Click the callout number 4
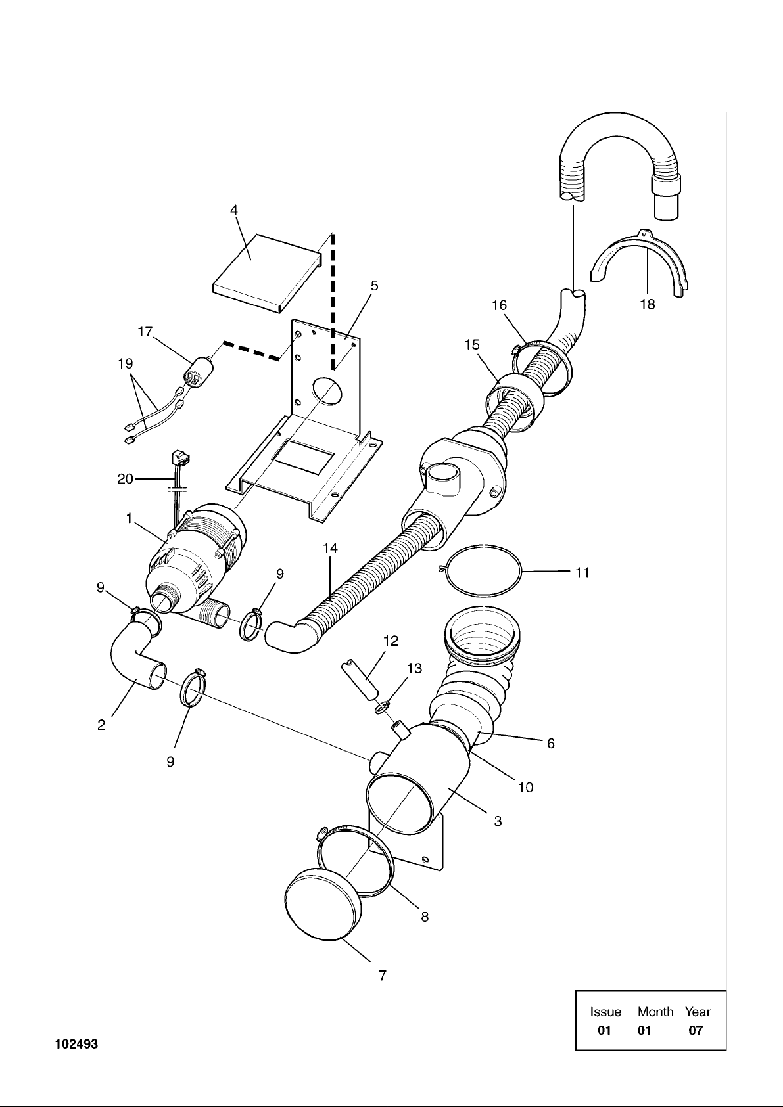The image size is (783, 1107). pyautogui.click(x=234, y=210)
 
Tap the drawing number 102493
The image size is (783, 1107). pyautogui.click(x=77, y=1044)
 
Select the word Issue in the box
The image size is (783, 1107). pyautogui.click(x=605, y=1012)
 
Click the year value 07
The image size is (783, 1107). pyautogui.click(x=696, y=1030)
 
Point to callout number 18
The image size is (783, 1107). pyautogui.click(x=648, y=304)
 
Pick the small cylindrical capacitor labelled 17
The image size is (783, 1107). pyautogui.click(x=201, y=371)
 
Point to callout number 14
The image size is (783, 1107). pyautogui.click(x=330, y=548)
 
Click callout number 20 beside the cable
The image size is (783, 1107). pyautogui.click(x=125, y=478)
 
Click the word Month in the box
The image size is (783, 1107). pyautogui.click(x=655, y=1012)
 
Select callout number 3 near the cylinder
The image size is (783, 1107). pyautogui.click(x=498, y=821)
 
